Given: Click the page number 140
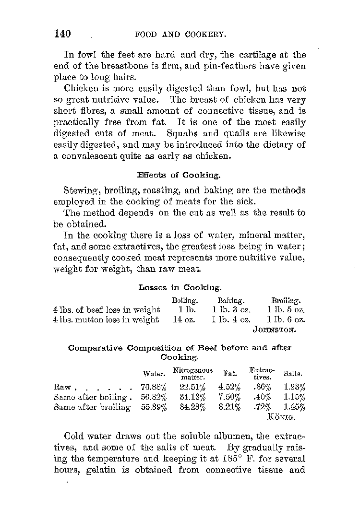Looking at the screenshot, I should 62,34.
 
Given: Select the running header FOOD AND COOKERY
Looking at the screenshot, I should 181,35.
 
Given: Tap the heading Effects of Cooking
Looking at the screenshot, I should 179,175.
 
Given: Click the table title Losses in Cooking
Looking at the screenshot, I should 180,287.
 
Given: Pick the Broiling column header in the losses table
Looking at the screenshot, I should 286,301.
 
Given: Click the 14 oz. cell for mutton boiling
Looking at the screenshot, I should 184,319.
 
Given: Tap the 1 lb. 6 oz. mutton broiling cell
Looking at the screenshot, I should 286,319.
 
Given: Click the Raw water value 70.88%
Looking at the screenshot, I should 154,387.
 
